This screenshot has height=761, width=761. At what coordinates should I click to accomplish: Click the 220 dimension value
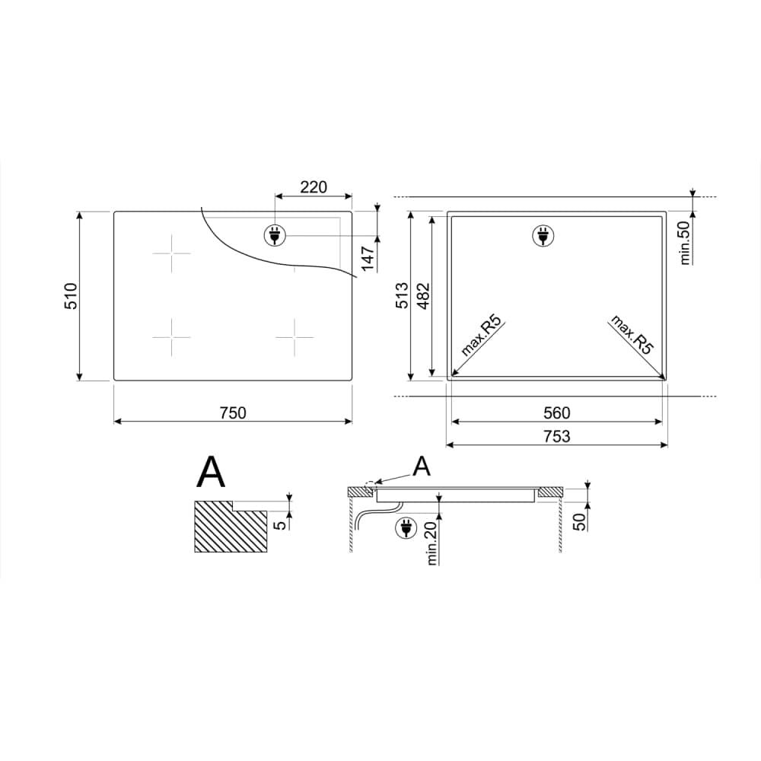pyautogui.click(x=314, y=187)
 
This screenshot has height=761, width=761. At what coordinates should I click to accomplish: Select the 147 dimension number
pyautogui.click(x=368, y=259)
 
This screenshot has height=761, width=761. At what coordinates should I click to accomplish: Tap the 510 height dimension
pyautogui.click(x=71, y=296)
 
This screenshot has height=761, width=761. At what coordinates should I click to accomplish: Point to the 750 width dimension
pyautogui.click(x=233, y=413)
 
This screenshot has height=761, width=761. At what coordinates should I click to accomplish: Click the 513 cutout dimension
pyautogui.click(x=403, y=297)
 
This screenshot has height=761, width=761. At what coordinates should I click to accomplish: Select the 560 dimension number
pyautogui.click(x=557, y=413)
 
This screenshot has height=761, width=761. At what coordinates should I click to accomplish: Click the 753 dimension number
pyautogui.click(x=557, y=436)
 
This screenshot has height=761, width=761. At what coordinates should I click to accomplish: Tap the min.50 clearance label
pyautogui.click(x=685, y=244)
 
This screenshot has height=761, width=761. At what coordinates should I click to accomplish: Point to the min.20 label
pyautogui.click(x=432, y=543)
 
